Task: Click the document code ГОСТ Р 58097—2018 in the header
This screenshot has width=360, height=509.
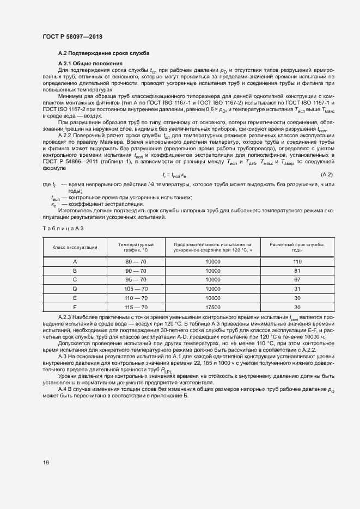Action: click(72, 36)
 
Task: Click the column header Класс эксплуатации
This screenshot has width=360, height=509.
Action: click(75, 248)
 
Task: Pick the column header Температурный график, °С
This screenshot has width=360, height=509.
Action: click(136, 248)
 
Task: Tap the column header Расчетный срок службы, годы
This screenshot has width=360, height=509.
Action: click(297, 248)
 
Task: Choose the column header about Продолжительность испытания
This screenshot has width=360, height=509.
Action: click(213, 248)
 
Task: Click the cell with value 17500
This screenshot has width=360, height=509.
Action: click(213, 308)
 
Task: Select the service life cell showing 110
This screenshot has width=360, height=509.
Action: click(297, 262)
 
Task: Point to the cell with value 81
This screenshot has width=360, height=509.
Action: click(297, 271)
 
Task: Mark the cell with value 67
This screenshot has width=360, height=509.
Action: click(297, 280)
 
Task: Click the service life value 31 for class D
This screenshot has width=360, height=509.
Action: click(297, 289)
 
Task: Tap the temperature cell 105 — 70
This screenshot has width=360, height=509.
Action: click(136, 289)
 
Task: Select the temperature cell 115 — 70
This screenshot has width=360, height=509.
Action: click(136, 308)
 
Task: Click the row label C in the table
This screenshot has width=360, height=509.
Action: click(75, 280)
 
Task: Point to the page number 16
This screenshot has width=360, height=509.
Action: click(46, 463)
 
